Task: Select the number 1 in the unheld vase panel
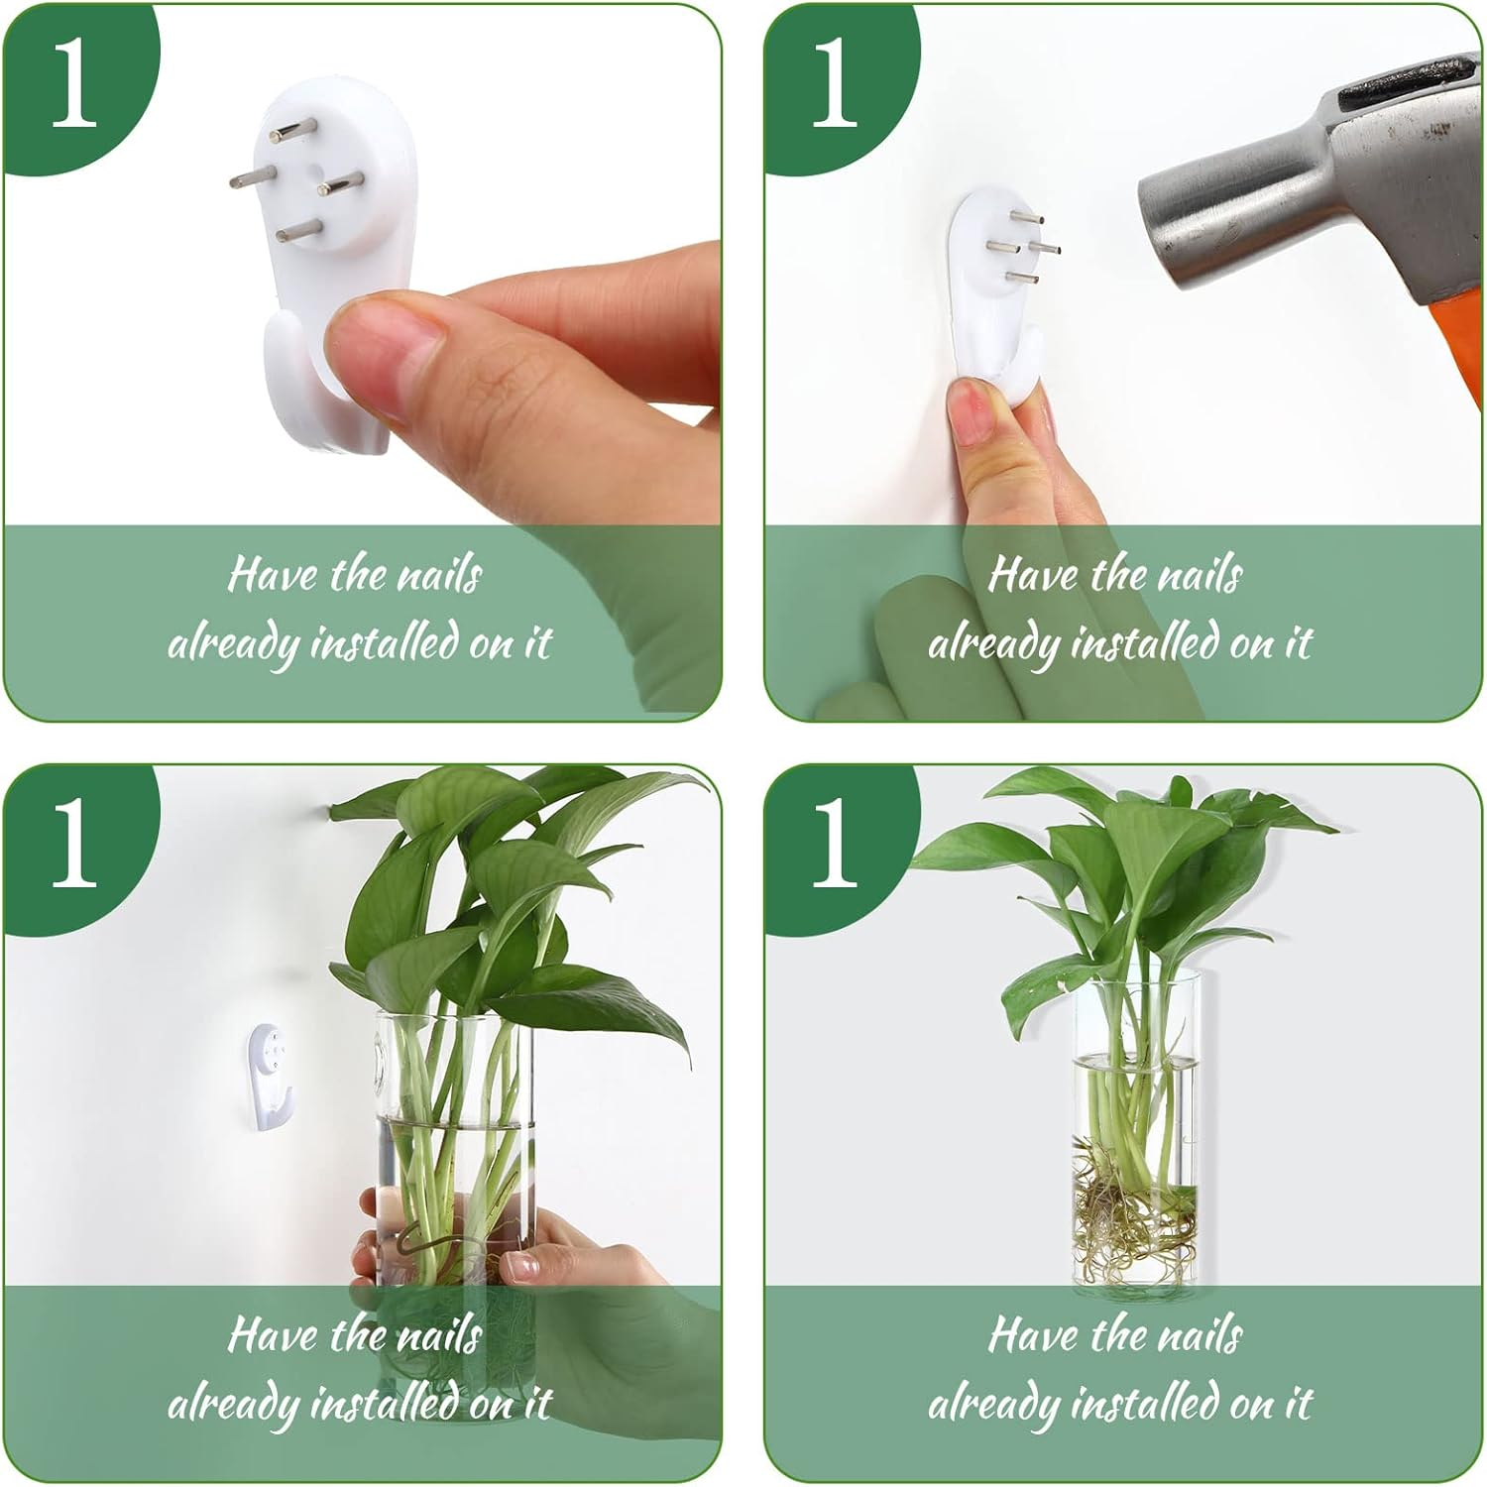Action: tap(835, 846)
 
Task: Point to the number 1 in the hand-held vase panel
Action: tap(74, 846)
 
